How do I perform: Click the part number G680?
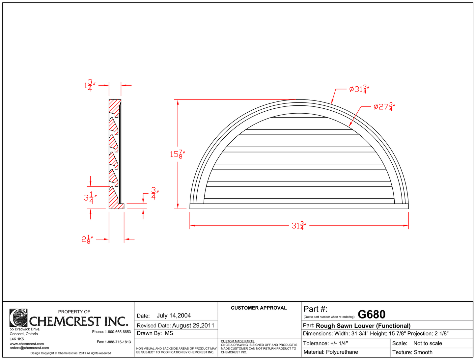371,315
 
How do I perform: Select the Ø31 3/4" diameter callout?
359,89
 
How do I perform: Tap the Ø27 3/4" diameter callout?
384,107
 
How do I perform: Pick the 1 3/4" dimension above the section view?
90,86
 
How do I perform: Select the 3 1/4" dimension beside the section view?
90,198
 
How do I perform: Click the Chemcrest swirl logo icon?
18,318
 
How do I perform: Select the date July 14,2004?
174,316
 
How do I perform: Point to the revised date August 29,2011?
193,325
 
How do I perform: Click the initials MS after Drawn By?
169,333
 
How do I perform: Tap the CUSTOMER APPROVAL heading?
259,308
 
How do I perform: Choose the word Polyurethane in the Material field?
342,352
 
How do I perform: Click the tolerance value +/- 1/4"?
339,343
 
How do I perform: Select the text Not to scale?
428,343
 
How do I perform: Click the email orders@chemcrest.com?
29,348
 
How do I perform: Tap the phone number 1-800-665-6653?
118,332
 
